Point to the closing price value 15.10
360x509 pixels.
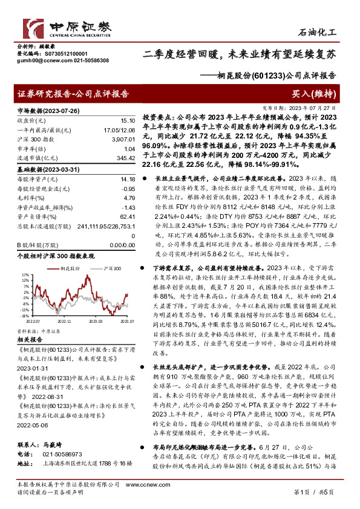[127, 121]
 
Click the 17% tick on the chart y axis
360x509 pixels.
[24, 275]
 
